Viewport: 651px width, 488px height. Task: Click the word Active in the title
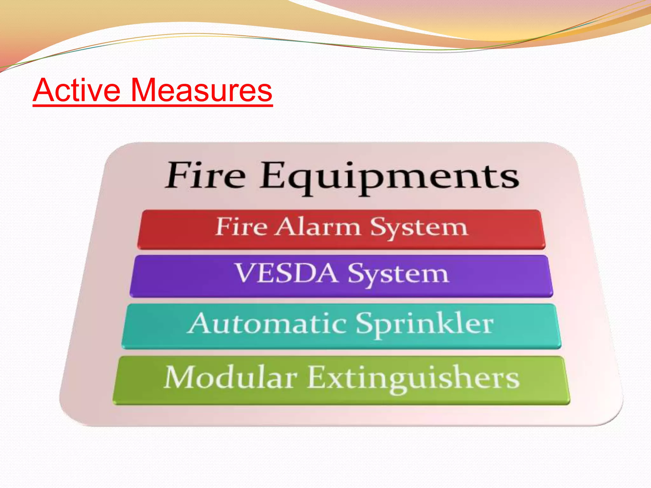point(77,90)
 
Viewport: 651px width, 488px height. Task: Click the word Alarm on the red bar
point(318,227)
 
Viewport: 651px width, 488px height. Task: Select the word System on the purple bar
point(398,274)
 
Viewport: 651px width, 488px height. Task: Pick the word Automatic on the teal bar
point(267,323)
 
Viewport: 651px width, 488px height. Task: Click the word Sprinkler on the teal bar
point(424,324)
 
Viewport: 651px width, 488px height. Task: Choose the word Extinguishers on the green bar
point(413,378)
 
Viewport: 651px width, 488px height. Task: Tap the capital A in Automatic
point(199,323)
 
